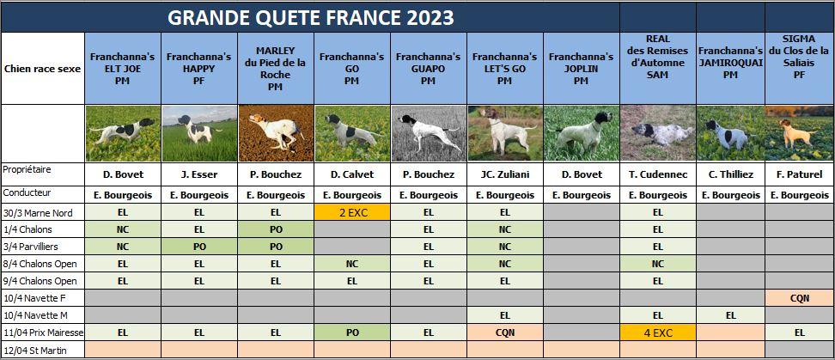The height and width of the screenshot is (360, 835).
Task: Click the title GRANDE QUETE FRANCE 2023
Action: point(310,17)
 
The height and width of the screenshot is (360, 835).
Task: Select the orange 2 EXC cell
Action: point(352,212)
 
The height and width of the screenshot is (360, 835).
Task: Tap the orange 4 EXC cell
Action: point(658,333)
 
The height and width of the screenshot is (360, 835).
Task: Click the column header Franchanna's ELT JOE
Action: point(123,69)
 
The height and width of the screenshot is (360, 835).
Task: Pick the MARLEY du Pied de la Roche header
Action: point(275,69)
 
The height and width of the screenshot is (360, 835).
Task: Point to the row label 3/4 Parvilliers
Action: point(31,247)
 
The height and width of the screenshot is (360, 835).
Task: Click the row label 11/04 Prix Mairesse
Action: point(43,333)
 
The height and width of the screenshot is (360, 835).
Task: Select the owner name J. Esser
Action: point(199,174)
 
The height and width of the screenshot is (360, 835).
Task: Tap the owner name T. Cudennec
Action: point(658,174)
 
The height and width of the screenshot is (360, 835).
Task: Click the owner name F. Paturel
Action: point(799,174)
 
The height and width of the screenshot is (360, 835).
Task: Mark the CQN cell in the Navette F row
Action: point(799,298)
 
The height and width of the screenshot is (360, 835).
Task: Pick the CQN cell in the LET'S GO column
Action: point(505,333)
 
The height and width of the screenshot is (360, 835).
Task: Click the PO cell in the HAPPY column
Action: point(199,247)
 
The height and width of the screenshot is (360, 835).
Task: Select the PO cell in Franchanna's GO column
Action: point(352,333)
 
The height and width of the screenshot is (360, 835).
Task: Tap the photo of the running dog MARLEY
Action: point(275,133)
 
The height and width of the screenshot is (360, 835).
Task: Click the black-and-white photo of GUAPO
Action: point(428,133)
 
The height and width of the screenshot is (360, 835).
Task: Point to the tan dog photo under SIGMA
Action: point(799,133)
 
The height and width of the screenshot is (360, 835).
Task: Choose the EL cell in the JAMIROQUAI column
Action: point(730,315)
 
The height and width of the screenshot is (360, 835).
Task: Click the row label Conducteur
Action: point(27,192)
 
